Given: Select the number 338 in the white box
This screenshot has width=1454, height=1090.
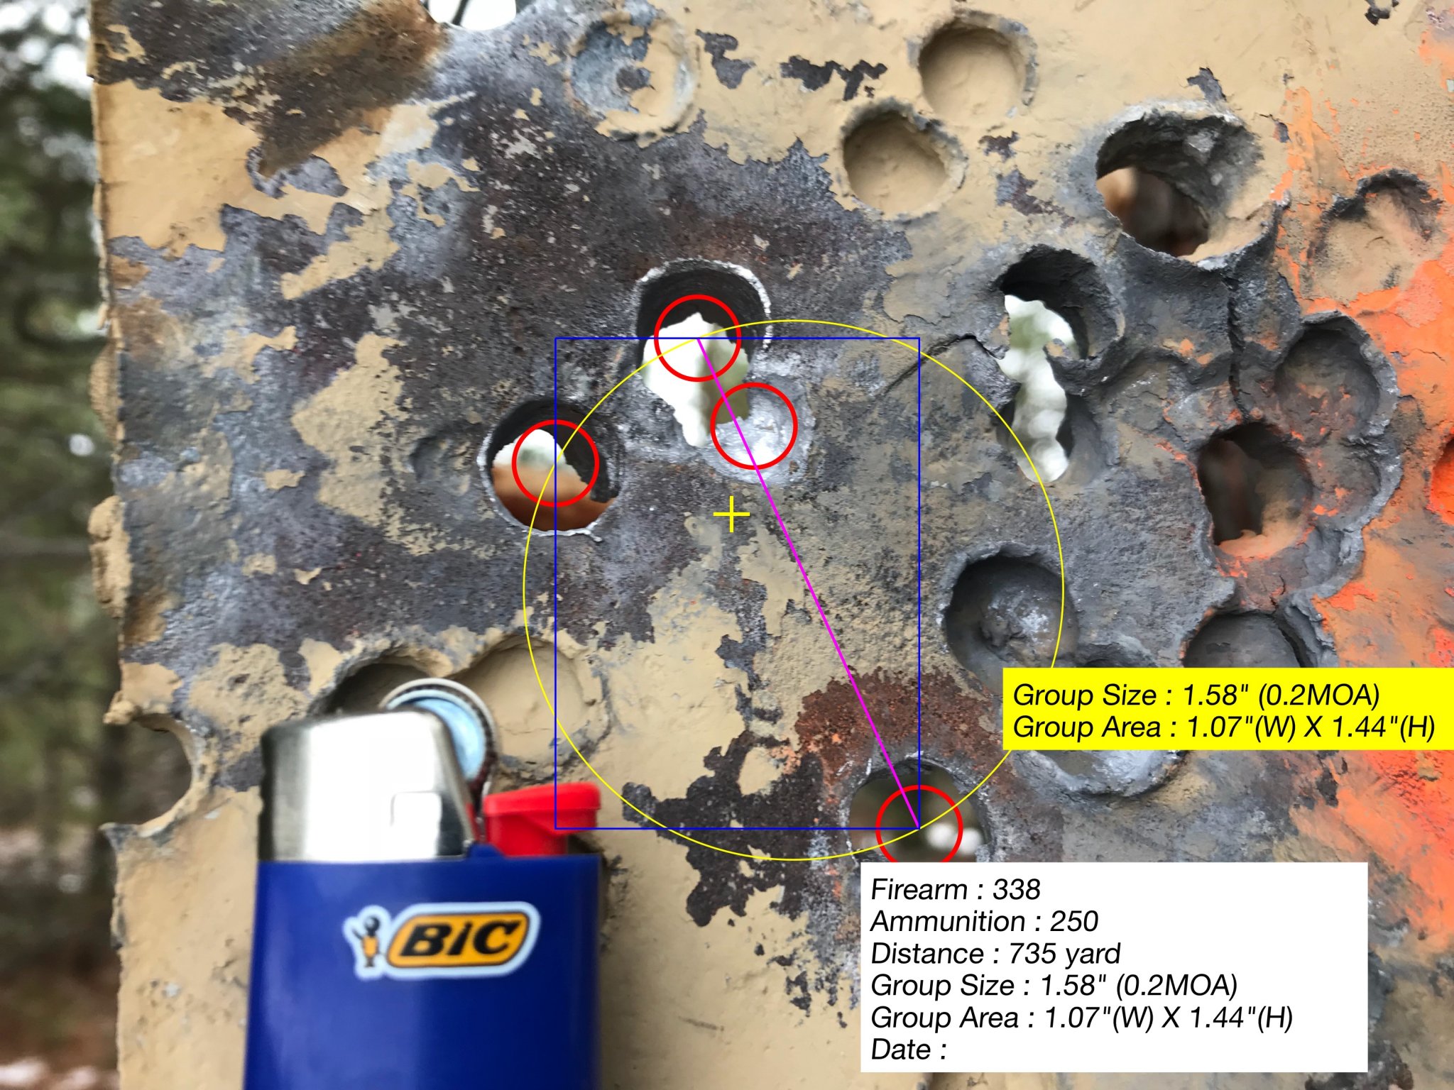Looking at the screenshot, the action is click(1016, 890).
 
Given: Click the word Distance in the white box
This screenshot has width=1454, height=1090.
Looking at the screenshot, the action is click(924, 954).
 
